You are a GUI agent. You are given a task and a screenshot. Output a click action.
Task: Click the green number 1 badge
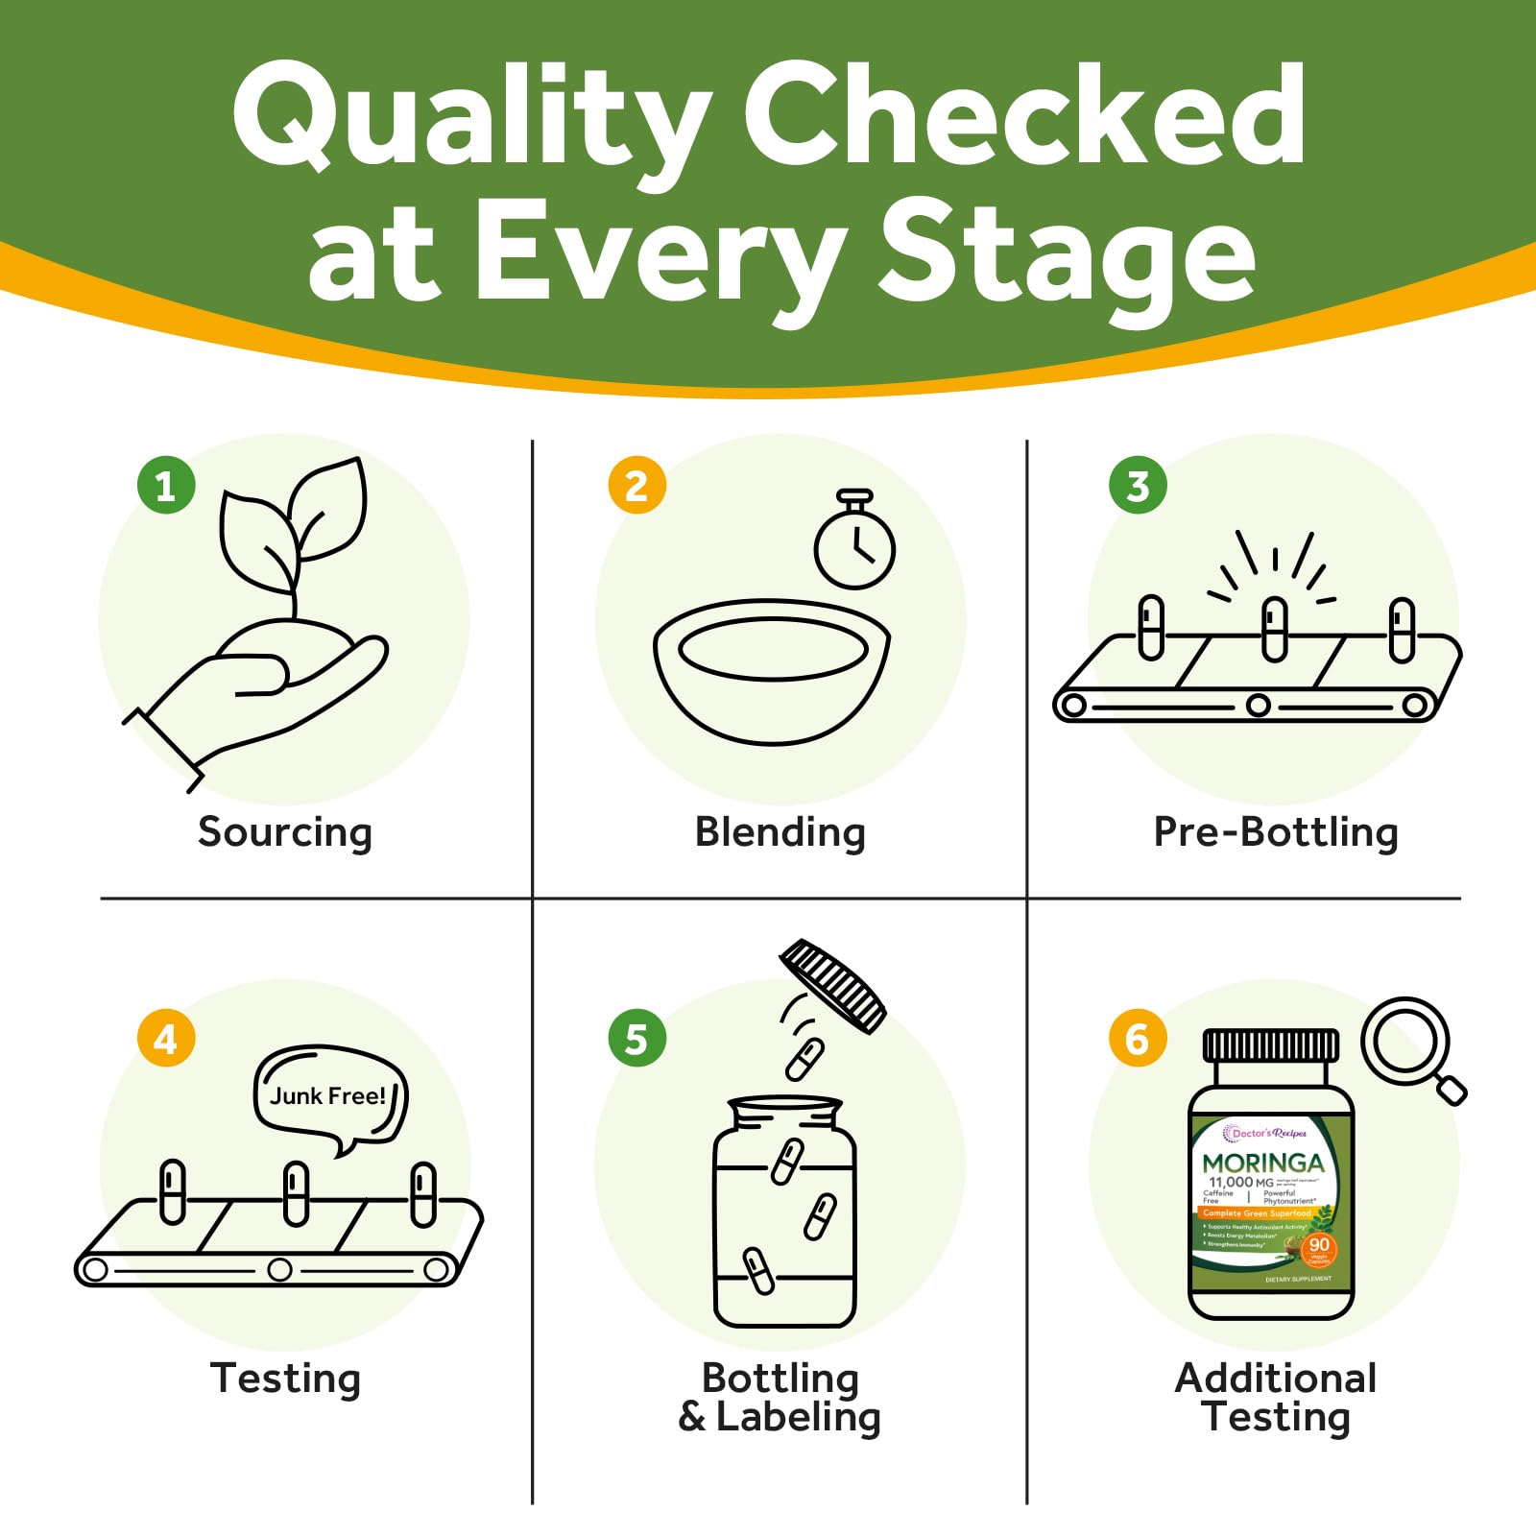tap(166, 485)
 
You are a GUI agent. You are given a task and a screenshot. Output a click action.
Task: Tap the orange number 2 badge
tap(636, 485)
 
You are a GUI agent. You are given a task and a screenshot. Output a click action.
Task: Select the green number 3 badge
tap(1138, 485)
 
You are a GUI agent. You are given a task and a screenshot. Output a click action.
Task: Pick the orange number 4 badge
tap(166, 1038)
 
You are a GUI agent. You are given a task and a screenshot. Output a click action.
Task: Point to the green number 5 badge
tap(636, 1038)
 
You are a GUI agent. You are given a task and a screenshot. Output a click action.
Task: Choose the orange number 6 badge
tap(1138, 1038)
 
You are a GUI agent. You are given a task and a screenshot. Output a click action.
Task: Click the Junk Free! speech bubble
tap(329, 1097)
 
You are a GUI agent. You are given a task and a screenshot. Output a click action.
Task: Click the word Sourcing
tap(285, 832)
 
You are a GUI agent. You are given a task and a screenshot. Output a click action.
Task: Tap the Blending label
tap(780, 832)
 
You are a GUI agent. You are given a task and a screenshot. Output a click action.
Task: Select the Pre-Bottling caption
tap(1276, 832)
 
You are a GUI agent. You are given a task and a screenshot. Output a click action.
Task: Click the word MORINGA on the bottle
tap(1262, 1163)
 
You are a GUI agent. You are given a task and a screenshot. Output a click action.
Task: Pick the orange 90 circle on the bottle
tap(1319, 1245)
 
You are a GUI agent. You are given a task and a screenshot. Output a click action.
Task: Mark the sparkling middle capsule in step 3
tap(1275, 628)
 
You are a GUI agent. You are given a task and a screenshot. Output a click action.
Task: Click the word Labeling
tap(799, 1418)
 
